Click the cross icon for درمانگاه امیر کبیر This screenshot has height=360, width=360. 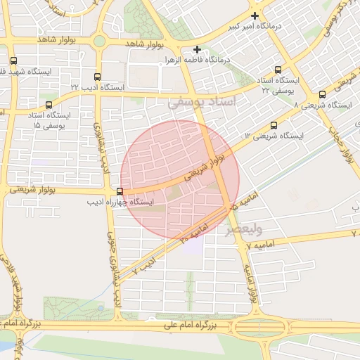point(255,15)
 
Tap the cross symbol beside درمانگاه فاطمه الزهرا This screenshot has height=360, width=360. point(198,50)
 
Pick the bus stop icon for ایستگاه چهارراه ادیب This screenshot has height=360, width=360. point(120,191)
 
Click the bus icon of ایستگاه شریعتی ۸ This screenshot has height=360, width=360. point(322,94)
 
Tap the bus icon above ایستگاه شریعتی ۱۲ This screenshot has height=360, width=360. point(274,125)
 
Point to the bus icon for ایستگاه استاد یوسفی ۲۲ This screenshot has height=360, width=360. point(278,70)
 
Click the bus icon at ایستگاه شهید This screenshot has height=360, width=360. point(13,60)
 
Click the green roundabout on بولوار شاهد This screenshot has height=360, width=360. point(99,41)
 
